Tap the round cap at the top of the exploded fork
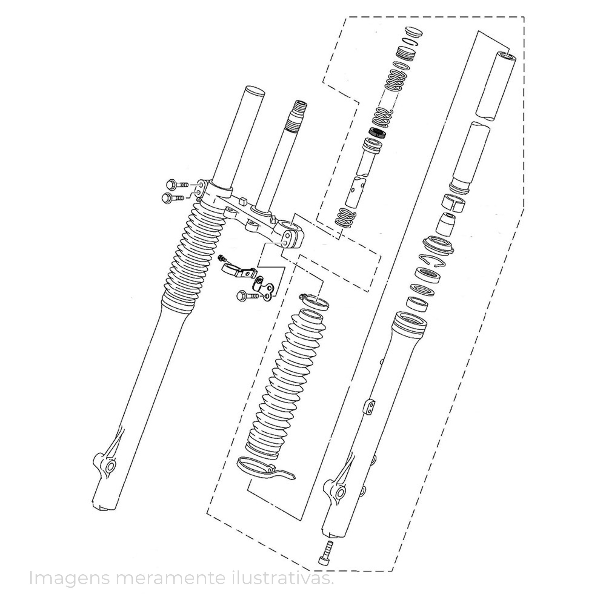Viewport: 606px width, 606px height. (413, 33)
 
